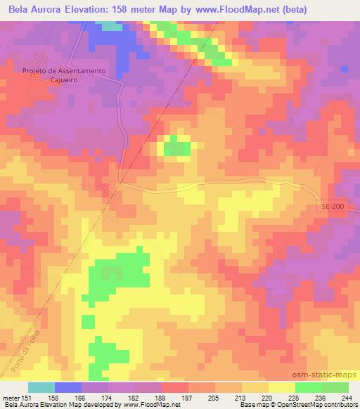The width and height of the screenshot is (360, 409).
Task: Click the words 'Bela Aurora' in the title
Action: click(x=33, y=8)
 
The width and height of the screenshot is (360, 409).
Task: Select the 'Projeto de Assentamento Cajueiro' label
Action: click(x=63, y=75)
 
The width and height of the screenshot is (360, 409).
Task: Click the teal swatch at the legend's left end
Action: click(x=41, y=387)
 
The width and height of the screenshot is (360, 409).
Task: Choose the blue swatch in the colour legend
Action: click(x=68, y=387)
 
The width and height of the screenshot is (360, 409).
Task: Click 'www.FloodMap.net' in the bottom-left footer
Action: click(x=150, y=405)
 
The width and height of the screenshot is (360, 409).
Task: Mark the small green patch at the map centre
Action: click(x=177, y=148)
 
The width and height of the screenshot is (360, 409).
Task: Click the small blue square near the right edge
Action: click(x=345, y=69)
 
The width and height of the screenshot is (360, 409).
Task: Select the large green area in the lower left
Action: click(x=116, y=278)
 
